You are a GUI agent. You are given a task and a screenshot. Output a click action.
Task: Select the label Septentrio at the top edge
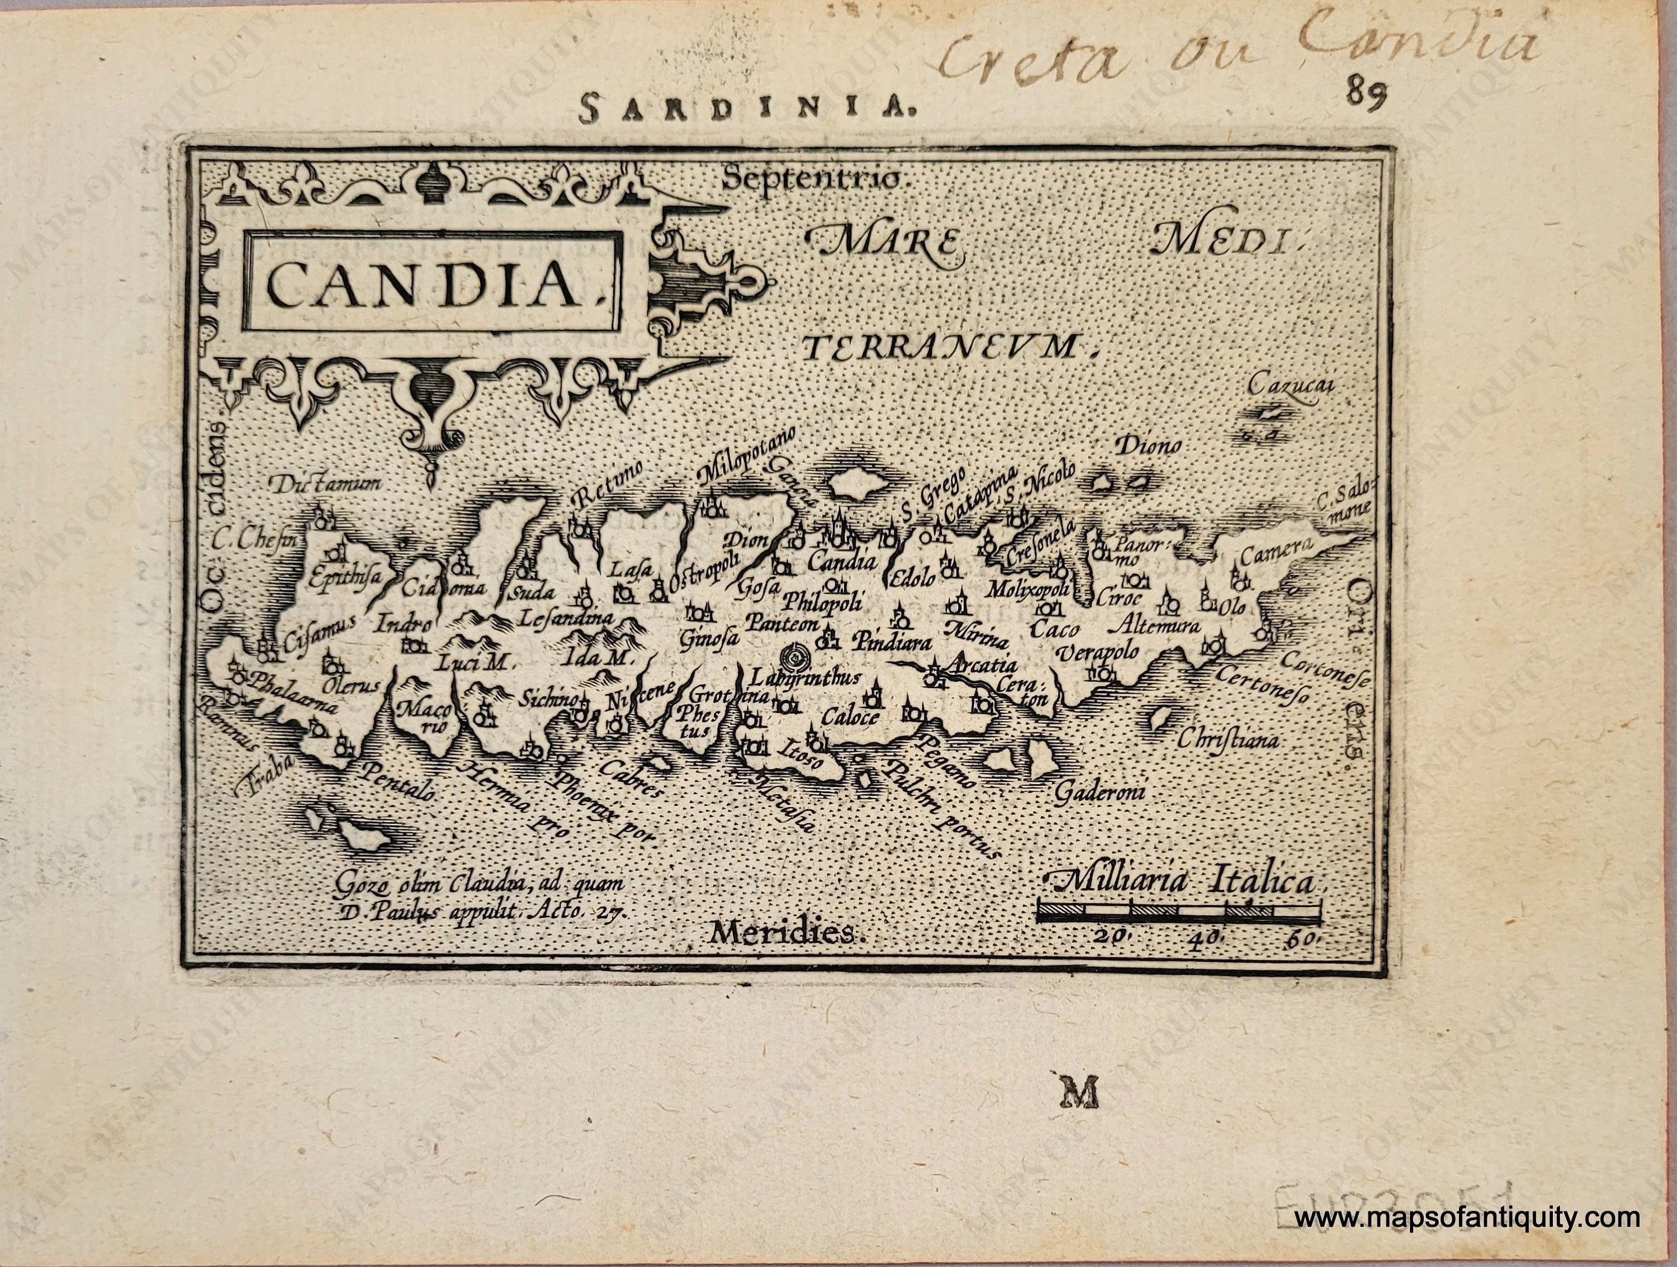[811, 179]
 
